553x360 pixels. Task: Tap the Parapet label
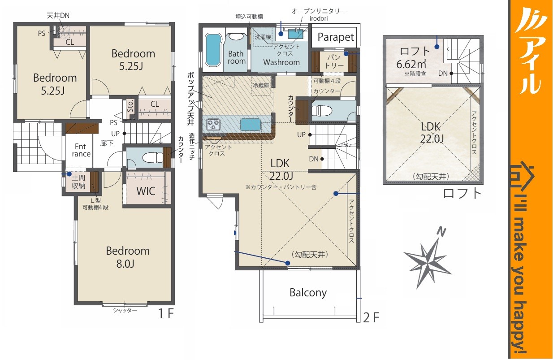pos(336,37)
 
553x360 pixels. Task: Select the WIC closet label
pos(146,191)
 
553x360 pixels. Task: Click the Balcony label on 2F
pos(308,293)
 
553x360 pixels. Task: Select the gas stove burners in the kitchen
pos(213,124)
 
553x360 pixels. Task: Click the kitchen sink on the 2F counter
pos(251,124)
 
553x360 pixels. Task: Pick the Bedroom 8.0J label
pos(128,257)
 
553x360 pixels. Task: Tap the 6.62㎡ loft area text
pos(411,65)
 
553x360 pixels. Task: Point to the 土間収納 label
pos(78,182)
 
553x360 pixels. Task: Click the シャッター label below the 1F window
pos(125,310)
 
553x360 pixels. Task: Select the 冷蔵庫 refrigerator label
pos(261,86)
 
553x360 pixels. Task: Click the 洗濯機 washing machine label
pos(263,37)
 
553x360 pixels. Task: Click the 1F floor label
pos(166,314)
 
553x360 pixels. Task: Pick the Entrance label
pos(81,150)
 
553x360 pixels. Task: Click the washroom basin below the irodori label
pos(295,34)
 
